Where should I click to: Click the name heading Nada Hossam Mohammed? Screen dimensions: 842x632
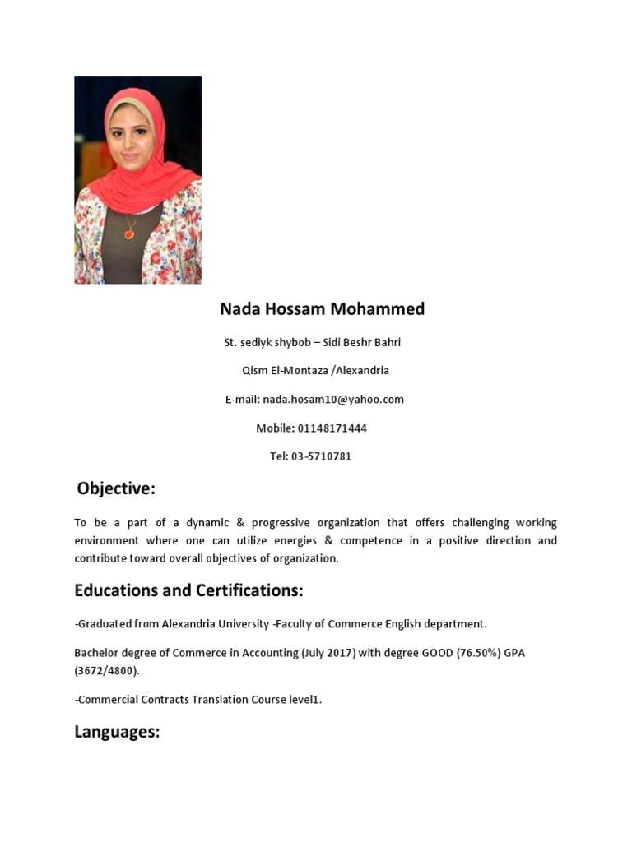point(322,309)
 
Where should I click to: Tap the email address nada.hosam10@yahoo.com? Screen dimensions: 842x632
point(333,400)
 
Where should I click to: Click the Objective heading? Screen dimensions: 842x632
point(116,489)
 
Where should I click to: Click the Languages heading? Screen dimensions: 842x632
point(117,732)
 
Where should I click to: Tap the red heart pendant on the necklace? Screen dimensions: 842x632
point(129,234)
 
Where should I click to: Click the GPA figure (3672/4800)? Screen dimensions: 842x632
point(107,671)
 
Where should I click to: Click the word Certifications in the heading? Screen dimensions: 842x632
point(249,591)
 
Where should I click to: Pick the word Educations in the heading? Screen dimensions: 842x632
point(115,591)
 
